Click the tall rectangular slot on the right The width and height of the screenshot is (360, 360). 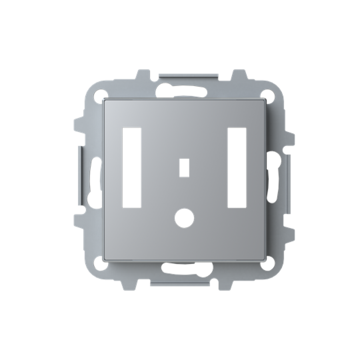pos(237,167)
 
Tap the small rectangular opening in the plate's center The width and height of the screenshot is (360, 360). pos(184,167)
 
